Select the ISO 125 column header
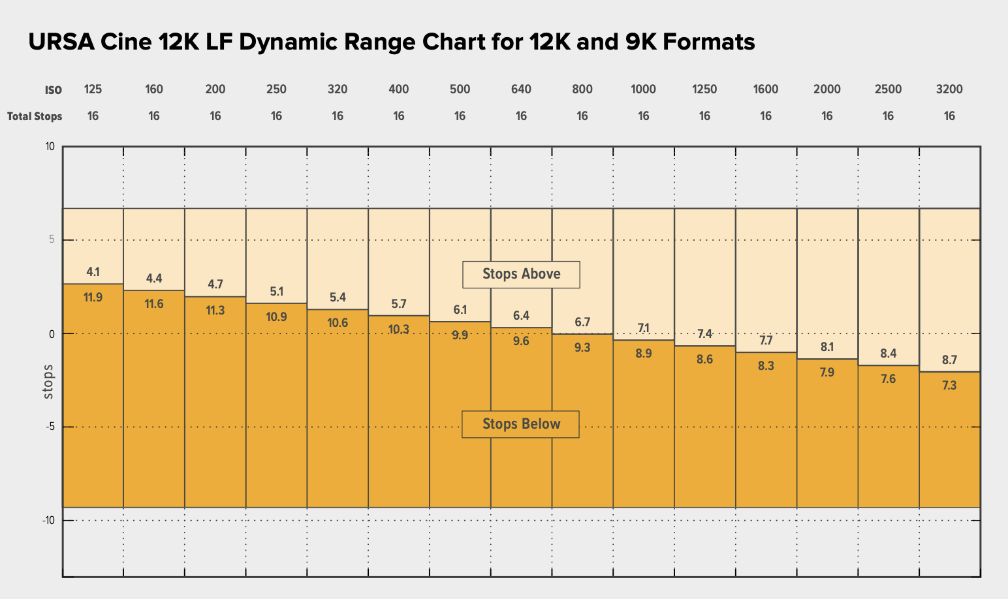[93, 89]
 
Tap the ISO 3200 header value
[949, 89]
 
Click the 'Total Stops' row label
[35, 117]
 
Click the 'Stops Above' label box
[521, 274]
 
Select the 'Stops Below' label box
[521, 424]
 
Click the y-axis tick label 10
[50, 147]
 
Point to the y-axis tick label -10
[48, 521]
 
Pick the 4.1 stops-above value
[93, 272]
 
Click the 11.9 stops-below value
[93, 298]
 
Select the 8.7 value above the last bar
[949, 360]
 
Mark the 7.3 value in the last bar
[949, 386]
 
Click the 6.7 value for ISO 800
[582, 322]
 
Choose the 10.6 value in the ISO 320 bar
[338, 323]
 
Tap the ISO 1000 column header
[643, 89]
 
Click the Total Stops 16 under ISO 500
[460, 117]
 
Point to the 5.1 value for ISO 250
[276, 292]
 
